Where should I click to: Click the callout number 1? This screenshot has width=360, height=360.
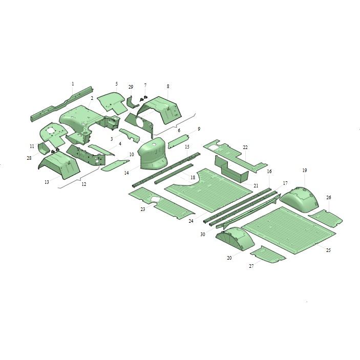coord(73,84)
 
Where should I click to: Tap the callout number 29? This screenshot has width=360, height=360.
coord(131,87)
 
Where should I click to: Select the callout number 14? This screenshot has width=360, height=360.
coord(126,173)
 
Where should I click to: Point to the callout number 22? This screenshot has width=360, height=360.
coord(245,147)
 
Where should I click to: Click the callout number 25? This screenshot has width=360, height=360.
coord(328,250)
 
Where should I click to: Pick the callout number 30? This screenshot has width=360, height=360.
coord(202,235)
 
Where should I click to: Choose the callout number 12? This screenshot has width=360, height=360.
coord(84,184)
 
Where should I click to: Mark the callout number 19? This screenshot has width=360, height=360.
coord(305,171)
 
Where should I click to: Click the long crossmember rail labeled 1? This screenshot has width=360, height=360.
coord(62,104)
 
